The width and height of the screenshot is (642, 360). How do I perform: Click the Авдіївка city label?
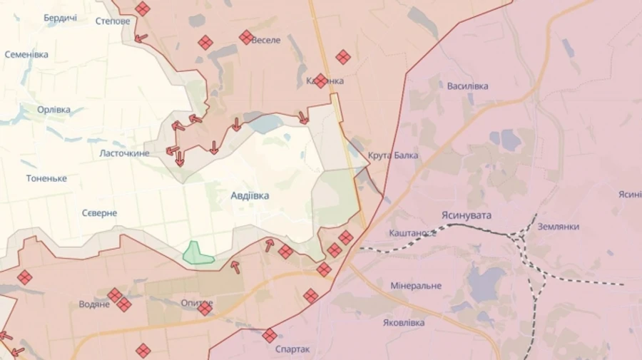click(x=250, y=195)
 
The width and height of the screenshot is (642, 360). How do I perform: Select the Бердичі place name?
click(x=60, y=18)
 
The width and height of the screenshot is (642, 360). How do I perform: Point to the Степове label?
click(x=113, y=21)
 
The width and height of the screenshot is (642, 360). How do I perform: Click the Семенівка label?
click(x=26, y=54)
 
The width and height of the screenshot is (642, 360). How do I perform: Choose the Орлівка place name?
click(x=53, y=110)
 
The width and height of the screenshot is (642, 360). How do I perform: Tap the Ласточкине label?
click(x=124, y=153)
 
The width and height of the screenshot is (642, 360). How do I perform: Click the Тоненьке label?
click(x=46, y=178)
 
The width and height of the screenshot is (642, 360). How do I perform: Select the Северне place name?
click(x=99, y=213)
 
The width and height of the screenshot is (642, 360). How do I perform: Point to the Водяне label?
click(x=94, y=304)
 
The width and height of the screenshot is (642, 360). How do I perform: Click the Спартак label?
click(x=292, y=349)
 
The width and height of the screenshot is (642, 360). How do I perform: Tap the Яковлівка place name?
click(x=404, y=322)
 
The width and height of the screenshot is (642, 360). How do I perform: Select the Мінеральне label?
click(x=416, y=286)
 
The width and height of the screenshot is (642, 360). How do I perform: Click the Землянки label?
click(x=559, y=227)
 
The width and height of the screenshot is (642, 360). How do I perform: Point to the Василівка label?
click(x=468, y=86)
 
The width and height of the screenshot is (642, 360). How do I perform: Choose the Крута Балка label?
click(x=393, y=155)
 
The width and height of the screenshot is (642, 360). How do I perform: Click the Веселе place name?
click(x=266, y=41)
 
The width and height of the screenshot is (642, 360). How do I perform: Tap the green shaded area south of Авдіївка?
click(x=198, y=253)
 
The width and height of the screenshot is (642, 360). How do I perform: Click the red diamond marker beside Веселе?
click(x=246, y=37)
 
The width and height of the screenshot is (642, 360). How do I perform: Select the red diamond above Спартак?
click(x=270, y=335)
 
